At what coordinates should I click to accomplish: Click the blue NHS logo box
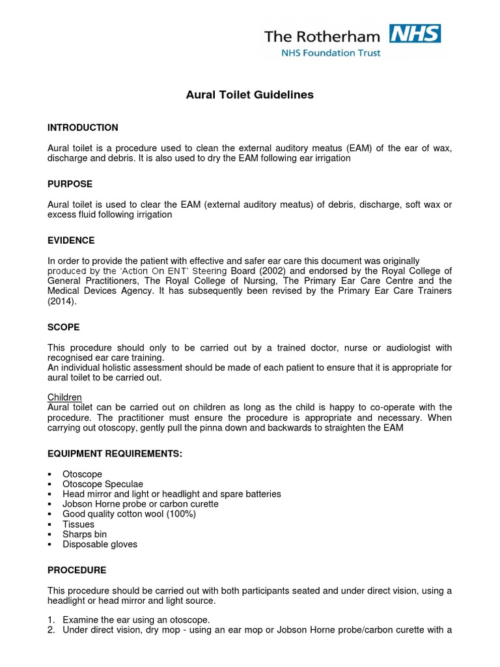coord(415,34)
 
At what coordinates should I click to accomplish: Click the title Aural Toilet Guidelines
coord(250,95)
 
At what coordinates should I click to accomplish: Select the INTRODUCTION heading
coord(83,128)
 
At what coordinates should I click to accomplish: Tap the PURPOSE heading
coord(70,184)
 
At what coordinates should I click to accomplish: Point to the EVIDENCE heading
coord(71,240)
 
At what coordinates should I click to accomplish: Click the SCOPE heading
coord(64,327)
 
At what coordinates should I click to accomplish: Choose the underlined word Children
coord(64,397)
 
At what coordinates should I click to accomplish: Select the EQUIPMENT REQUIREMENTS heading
coord(115,453)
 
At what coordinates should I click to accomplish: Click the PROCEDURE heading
coord(77,570)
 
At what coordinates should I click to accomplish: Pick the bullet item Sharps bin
coord(85,534)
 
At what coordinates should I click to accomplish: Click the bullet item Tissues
coord(78,524)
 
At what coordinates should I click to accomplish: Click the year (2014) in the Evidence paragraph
coord(62,302)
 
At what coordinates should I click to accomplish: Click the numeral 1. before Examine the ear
coord(51,620)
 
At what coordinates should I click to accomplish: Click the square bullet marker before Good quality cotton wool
coord(51,515)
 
